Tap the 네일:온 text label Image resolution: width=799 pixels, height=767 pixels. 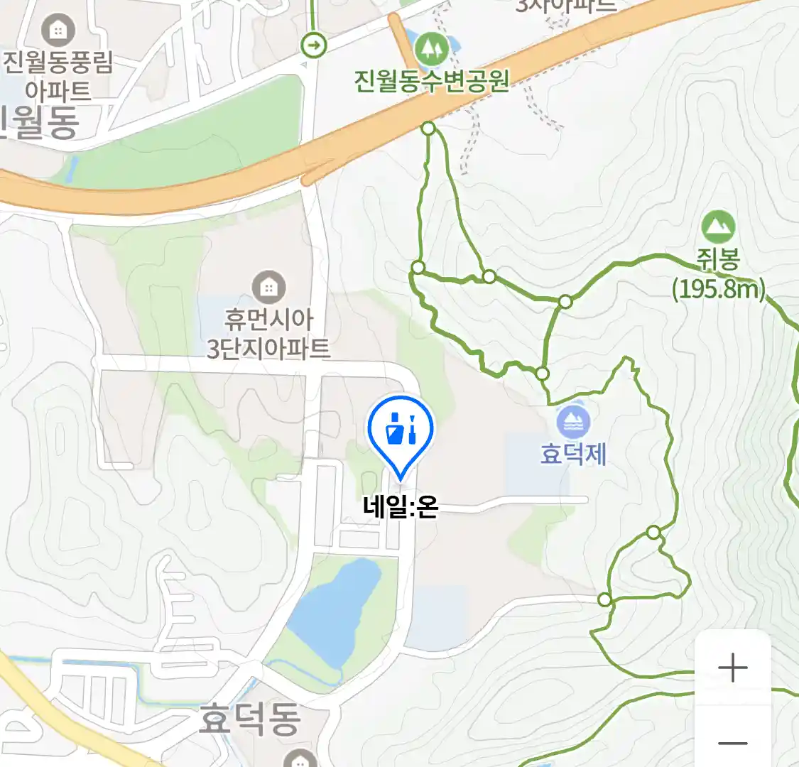400,507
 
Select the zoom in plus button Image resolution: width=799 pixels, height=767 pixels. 732,668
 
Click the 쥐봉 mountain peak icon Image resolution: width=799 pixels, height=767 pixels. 718,227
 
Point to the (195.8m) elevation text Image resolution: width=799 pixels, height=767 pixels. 719,289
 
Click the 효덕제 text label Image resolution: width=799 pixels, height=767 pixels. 573,454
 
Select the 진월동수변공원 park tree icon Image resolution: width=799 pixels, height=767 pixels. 428,48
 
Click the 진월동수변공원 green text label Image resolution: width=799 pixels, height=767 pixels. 432,81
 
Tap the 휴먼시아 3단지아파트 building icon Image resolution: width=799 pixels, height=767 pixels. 268,288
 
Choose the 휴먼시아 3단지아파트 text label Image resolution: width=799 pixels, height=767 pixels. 268,334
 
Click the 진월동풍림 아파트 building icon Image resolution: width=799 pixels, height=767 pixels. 58,30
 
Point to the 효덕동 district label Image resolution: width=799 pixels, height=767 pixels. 249,719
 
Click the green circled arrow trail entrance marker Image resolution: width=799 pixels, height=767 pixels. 313,46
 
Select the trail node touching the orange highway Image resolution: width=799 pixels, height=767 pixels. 428,128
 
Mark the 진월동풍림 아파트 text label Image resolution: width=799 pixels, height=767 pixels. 58,76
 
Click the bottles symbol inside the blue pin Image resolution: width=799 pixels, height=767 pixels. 401,428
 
